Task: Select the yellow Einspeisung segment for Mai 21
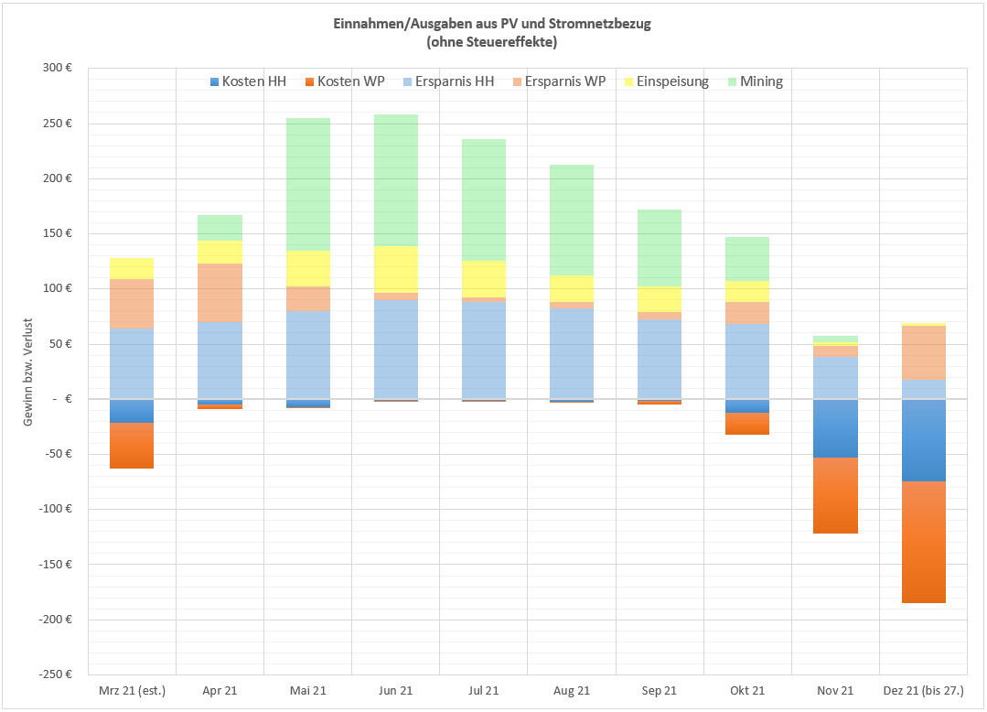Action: [308, 268]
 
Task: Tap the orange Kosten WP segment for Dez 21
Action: [923, 542]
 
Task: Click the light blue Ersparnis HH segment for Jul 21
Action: [484, 350]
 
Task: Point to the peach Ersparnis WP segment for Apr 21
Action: [220, 292]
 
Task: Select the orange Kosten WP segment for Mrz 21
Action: [132, 446]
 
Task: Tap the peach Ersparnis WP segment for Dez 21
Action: [923, 352]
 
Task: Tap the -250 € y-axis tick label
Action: [54, 674]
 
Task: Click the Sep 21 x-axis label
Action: [660, 691]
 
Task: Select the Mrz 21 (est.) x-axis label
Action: [132, 691]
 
